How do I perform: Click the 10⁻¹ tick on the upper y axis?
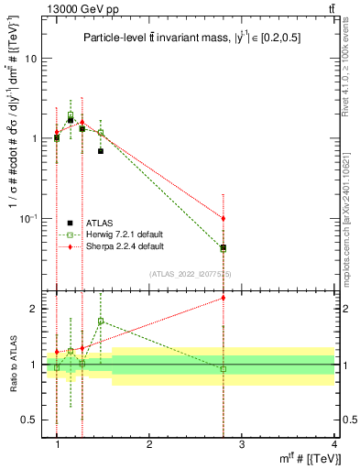[x=34, y=218]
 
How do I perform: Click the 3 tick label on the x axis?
[x=241, y=444]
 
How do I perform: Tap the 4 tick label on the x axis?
[x=333, y=444]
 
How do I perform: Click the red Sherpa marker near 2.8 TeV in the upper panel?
[x=224, y=218]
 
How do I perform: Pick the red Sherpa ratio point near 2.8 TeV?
[x=224, y=298]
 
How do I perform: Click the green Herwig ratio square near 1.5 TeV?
[x=101, y=322]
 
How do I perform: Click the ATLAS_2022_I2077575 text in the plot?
[x=190, y=274]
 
